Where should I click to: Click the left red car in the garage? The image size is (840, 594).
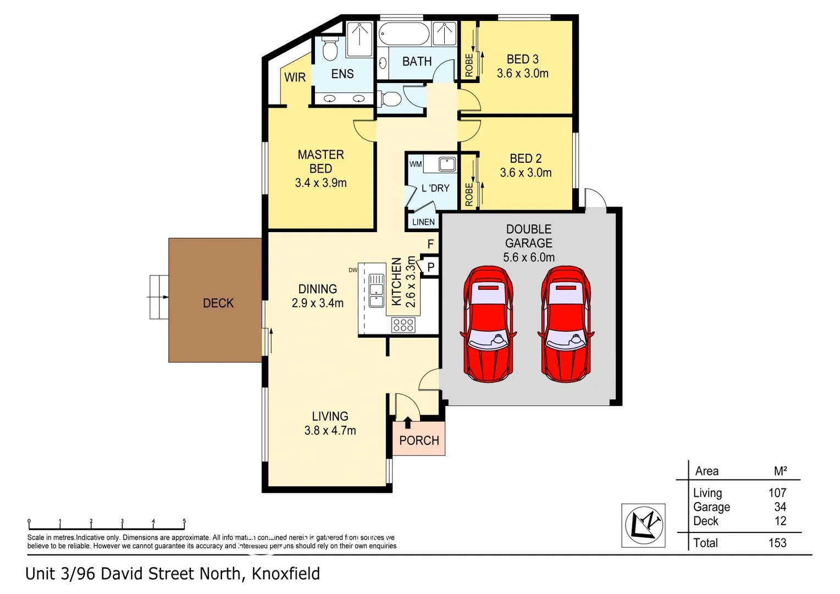pos(488,324)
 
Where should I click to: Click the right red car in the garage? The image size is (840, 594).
pos(567,324)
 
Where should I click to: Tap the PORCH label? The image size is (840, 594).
pos(419,441)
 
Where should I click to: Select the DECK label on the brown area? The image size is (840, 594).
pos(218,303)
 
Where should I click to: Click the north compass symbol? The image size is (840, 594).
pos(643,525)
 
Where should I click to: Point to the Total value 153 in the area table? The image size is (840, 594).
pos(777,543)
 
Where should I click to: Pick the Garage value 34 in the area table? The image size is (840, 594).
pos(780,507)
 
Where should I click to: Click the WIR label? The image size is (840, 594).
pos(295,78)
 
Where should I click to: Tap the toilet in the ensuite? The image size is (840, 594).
pos(330,50)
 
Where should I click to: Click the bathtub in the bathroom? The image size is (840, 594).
pos(404,34)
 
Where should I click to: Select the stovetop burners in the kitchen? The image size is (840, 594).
pos(403,325)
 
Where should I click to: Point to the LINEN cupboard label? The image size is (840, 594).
pos(423,222)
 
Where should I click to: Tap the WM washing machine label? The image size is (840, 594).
pos(416,164)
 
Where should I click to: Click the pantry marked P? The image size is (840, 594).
pos(431,267)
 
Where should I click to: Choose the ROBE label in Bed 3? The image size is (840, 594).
pos(469,65)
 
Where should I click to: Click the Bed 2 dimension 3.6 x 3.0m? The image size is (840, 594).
pos(526,173)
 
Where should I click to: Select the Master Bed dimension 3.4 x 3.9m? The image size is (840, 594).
pos(320,183)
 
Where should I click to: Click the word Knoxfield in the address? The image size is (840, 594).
pos(285,574)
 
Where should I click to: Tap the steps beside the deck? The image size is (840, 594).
pos(159,297)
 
